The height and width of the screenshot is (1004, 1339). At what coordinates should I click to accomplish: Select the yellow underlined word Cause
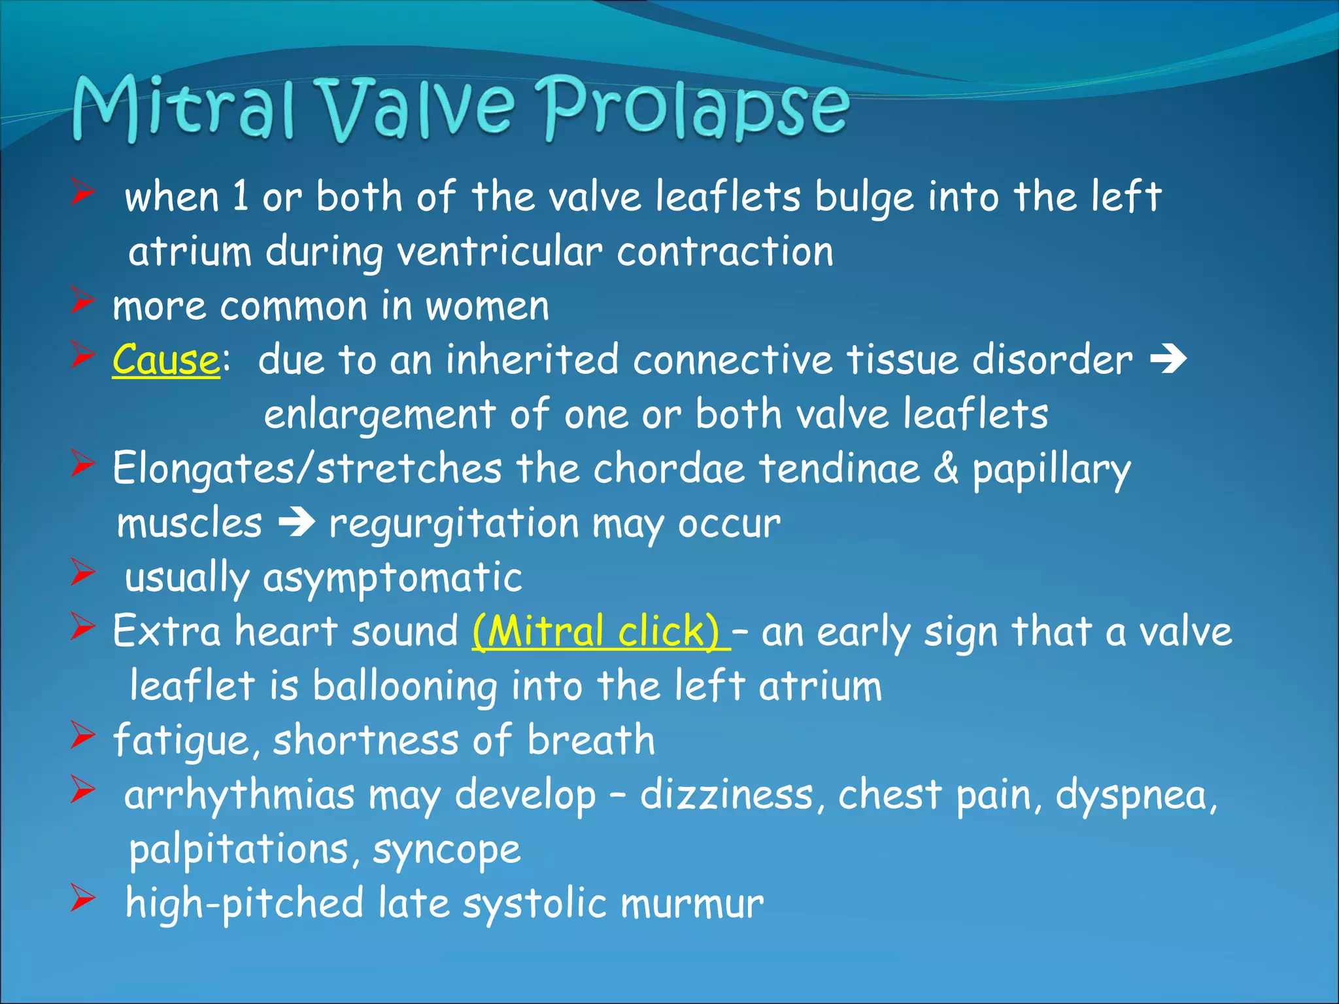165,360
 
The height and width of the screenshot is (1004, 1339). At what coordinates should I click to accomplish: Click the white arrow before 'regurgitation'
297,524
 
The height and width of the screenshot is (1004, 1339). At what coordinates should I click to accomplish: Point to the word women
487,307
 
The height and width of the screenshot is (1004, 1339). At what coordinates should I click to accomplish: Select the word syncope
447,850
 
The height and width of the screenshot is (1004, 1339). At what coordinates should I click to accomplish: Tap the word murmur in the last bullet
692,904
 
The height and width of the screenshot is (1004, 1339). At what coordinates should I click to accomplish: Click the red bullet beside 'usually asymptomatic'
83,573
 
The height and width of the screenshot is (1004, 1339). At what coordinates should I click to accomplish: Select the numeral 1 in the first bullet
241,197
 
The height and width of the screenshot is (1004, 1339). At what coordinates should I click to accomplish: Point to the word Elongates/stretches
307,469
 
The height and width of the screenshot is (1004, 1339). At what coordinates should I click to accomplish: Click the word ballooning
404,686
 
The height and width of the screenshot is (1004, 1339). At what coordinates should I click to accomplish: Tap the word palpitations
239,850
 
